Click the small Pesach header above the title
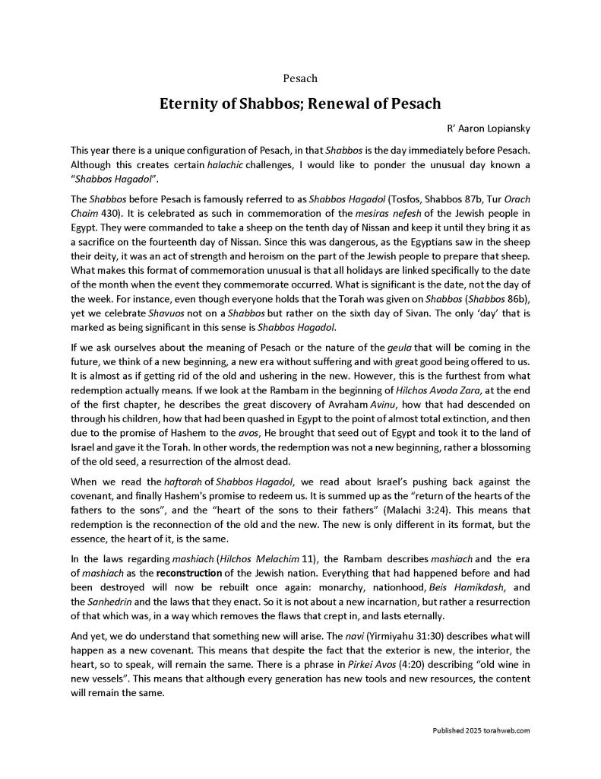[x=300, y=78]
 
